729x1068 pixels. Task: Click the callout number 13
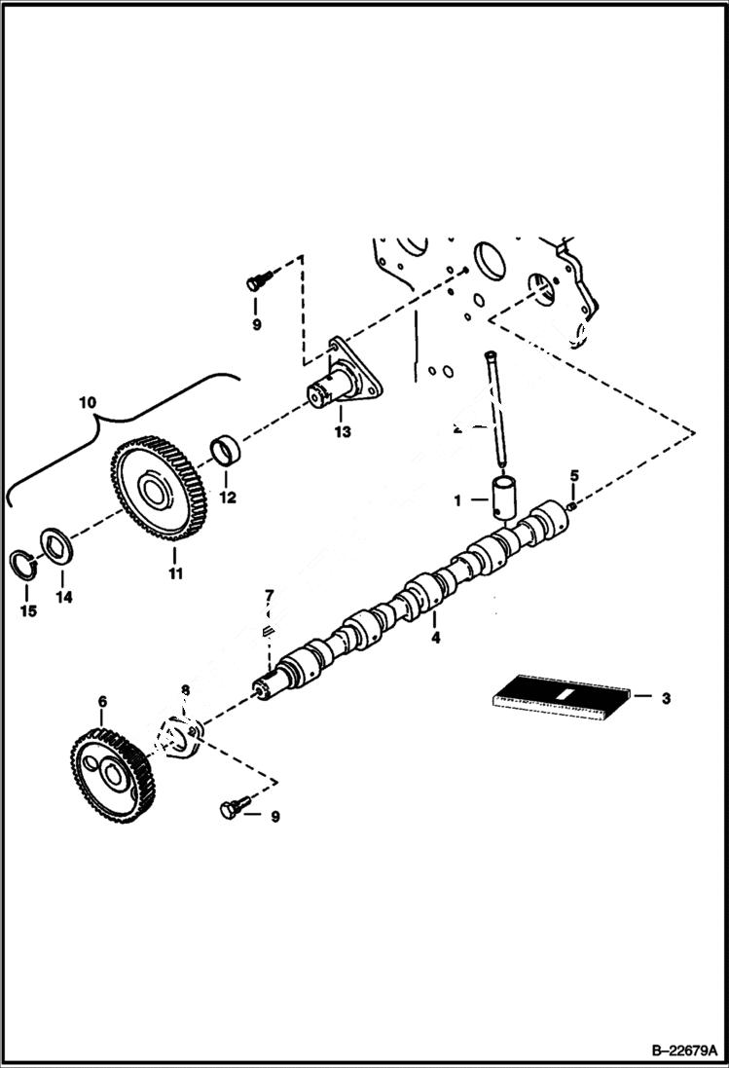(342, 431)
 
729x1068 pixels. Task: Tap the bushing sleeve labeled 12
(228, 453)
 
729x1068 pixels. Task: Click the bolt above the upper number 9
(256, 281)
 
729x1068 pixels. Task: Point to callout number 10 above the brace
(89, 401)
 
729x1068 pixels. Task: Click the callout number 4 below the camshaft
(436, 638)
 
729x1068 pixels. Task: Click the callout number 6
(102, 701)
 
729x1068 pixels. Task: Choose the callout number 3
(666, 697)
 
